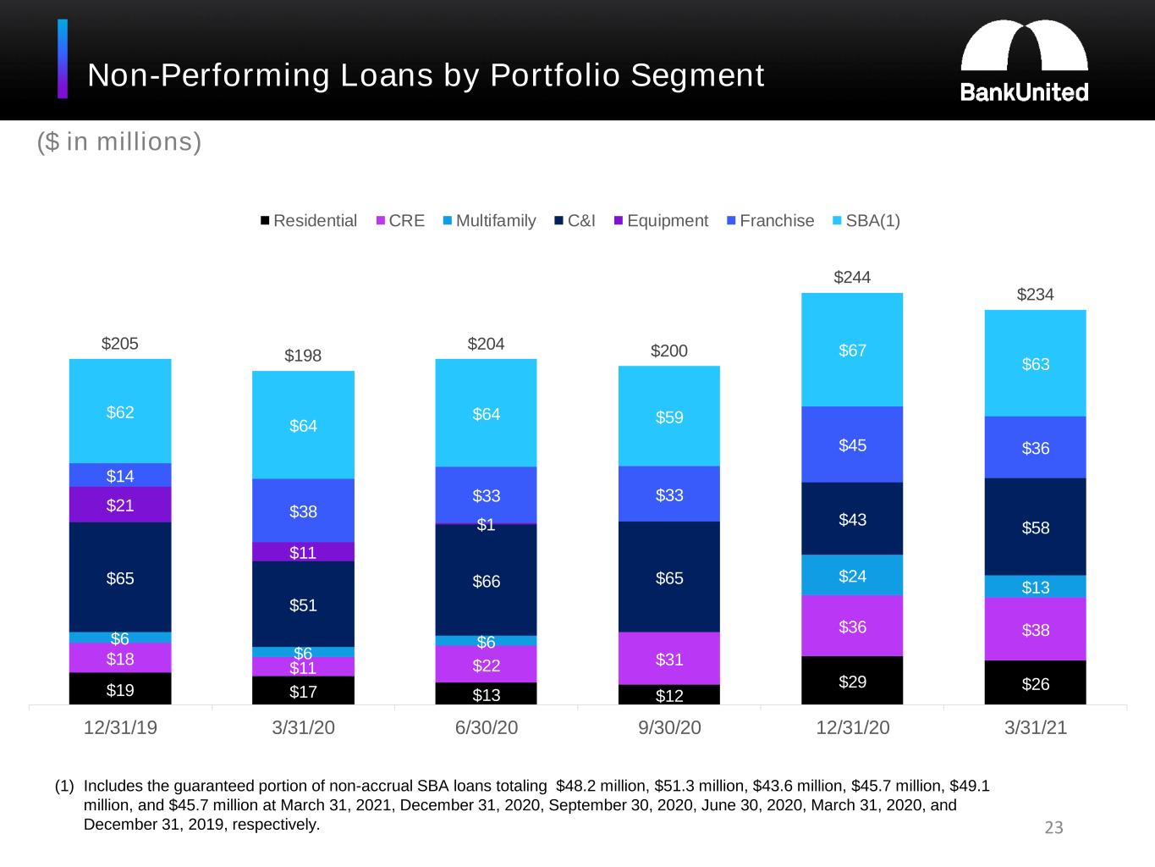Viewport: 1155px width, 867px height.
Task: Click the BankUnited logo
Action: point(1024,61)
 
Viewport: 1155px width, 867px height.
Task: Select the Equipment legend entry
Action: point(661,220)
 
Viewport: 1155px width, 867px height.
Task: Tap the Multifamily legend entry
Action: point(489,220)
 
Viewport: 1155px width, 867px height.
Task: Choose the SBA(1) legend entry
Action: point(866,220)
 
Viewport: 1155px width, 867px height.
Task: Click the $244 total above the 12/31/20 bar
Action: point(852,277)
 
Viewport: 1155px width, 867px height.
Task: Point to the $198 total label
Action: point(303,356)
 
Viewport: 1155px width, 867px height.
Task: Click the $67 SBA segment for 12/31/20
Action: point(852,350)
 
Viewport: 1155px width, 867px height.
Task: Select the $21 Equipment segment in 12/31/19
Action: point(120,505)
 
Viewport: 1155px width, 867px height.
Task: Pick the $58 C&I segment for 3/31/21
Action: point(1035,527)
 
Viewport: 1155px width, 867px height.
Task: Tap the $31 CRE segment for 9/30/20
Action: point(668,658)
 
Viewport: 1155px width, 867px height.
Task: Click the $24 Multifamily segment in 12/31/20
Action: point(852,575)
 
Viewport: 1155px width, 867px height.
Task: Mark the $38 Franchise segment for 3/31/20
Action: point(303,510)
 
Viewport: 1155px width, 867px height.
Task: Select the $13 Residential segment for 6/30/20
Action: point(486,693)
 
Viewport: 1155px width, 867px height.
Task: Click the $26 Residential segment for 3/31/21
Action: point(1035,682)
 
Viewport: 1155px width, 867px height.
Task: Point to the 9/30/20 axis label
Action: point(669,727)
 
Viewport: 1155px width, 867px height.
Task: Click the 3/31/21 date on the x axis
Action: point(1036,727)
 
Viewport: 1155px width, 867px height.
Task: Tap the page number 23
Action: point(1053,827)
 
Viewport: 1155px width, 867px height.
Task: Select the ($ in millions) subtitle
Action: point(119,142)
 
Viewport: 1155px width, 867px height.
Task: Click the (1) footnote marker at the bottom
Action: point(64,786)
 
